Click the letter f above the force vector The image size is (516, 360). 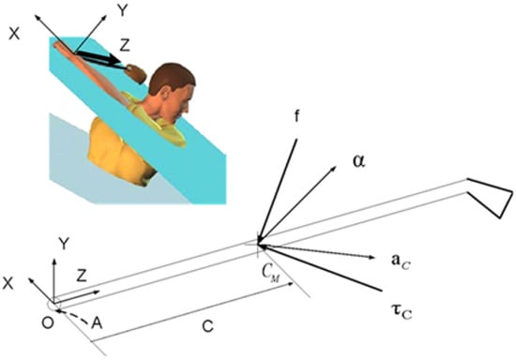pos(296,116)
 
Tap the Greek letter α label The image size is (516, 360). pos(358,162)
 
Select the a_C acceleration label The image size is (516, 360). pos(401,262)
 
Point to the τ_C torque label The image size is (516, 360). pos(402,311)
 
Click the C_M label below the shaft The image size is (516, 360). pos(271,274)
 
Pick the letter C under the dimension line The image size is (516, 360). pos(207,326)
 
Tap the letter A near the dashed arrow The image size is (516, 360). pos(97,323)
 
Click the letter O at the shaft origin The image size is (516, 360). pos(48,323)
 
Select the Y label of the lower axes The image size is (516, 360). pos(64,246)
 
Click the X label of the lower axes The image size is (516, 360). pos(8,283)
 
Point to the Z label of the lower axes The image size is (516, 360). pos(82,276)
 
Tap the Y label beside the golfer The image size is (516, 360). pos(122,11)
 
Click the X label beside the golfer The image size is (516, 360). pos(14,34)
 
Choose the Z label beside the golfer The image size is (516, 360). pos(124,45)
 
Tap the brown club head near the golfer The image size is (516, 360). pos(137,73)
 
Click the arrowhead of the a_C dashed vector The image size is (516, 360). pos(372,257)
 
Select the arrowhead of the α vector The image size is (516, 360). pos(333,169)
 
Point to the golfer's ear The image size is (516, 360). pos(164,95)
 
